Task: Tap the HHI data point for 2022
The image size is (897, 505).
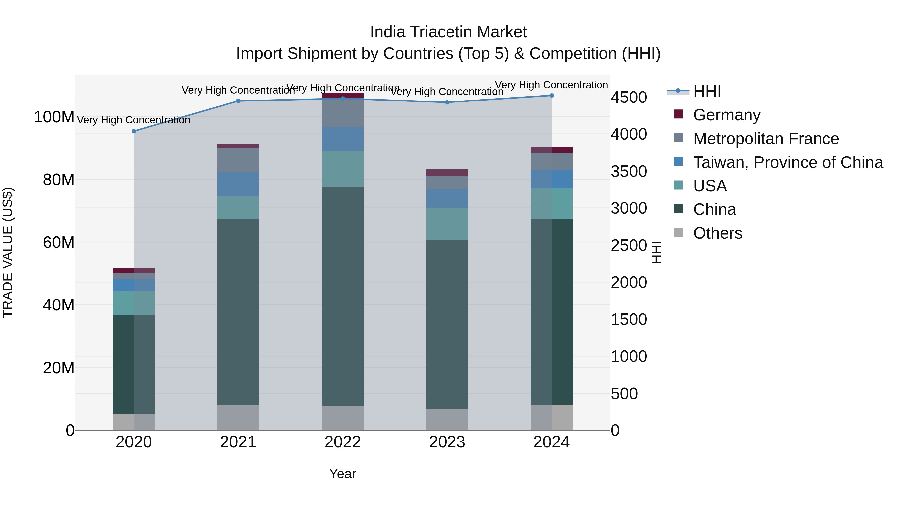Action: tap(343, 98)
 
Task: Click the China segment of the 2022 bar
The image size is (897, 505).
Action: tap(343, 296)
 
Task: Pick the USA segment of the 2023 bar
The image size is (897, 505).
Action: tap(447, 224)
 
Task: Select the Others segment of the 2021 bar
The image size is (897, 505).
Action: tap(238, 417)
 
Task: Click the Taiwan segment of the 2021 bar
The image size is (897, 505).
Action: tap(238, 184)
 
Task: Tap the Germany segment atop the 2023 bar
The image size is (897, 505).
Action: tap(447, 173)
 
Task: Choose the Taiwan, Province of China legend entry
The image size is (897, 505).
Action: tap(788, 162)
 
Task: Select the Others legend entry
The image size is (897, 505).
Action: tap(717, 233)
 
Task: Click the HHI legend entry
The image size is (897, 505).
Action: tap(707, 91)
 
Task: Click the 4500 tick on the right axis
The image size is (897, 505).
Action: tap(629, 97)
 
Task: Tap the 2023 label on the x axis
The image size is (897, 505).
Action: tap(447, 442)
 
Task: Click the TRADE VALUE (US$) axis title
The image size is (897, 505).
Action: tap(8, 252)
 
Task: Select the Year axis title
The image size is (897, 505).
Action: tap(343, 474)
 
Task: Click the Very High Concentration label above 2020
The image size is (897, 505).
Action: tap(134, 120)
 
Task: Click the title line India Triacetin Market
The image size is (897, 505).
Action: tap(448, 32)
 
